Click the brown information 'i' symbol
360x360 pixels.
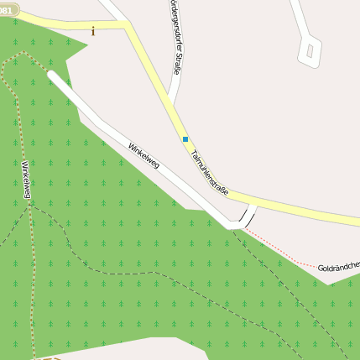pyautogui.click(x=93, y=31)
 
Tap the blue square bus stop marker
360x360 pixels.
pyautogui.click(x=185, y=138)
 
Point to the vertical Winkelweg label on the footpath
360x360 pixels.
pyautogui.click(x=26, y=180)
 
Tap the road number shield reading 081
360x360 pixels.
pyautogui.click(x=8, y=10)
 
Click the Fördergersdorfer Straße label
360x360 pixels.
pyautogui.click(x=174, y=38)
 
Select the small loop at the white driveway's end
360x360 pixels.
pyautogui.click(x=310, y=51)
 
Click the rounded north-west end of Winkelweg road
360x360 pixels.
pyautogui.click(x=53, y=76)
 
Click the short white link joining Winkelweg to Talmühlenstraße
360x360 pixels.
pyautogui.click(x=248, y=217)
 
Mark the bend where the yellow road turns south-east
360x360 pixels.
pyautogui.click(x=128, y=27)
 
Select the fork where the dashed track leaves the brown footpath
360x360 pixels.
pyautogui.click(x=33, y=206)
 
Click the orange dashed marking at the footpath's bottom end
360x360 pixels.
pyautogui.click(x=50, y=358)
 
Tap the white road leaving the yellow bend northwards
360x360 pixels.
pyautogui.click(x=112, y=10)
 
